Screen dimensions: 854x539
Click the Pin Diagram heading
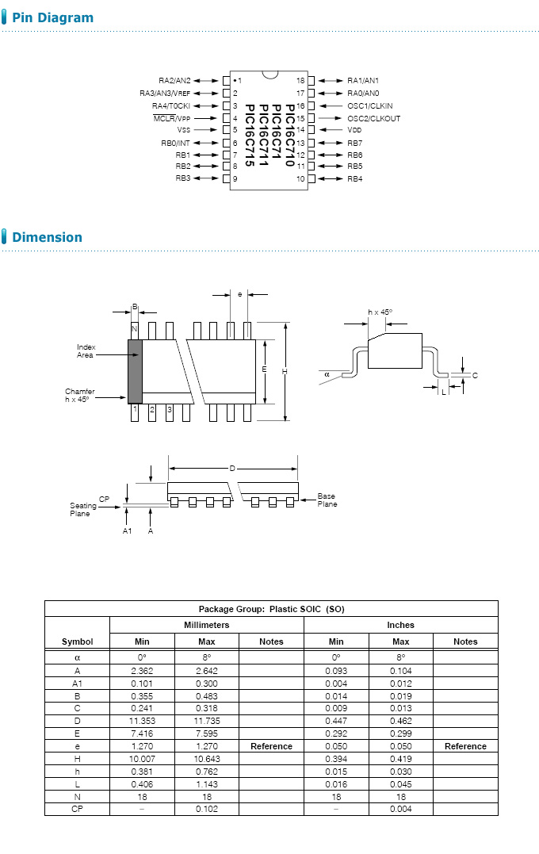point(52,17)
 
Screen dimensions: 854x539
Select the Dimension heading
point(47,237)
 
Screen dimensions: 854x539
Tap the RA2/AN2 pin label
point(174,81)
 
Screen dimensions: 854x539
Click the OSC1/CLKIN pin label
point(369,105)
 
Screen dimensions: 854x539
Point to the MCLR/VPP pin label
point(172,118)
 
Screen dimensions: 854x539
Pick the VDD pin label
point(354,129)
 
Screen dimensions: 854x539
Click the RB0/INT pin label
point(175,143)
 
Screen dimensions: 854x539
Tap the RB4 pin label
point(354,179)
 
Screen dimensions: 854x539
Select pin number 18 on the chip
point(300,81)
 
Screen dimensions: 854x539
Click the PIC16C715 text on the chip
point(250,136)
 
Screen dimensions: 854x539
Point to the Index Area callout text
point(86,351)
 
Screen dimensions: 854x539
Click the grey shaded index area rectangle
point(135,371)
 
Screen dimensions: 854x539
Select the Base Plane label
point(327,500)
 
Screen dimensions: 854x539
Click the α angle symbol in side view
point(327,373)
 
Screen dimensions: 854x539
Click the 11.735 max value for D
point(206,721)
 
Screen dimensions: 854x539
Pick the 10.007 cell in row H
point(142,759)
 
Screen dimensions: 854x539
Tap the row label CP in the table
point(77,809)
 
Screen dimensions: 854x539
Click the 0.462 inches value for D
point(400,721)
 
